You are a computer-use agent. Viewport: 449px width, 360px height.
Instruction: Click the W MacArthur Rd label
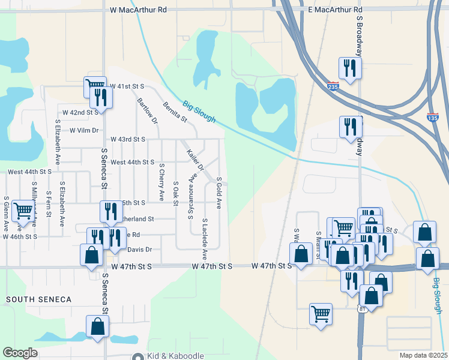tap(139, 10)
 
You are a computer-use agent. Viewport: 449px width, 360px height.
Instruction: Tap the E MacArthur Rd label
tap(336, 10)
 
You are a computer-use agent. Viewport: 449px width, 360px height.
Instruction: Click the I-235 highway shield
tap(334, 86)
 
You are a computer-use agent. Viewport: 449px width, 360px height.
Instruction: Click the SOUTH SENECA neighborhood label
tap(38, 299)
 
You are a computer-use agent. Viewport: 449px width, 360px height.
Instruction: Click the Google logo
tap(20, 353)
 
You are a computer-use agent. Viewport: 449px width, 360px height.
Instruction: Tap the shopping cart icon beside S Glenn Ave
tap(23, 211)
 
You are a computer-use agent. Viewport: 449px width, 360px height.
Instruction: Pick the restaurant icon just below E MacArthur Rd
tap(349, 67)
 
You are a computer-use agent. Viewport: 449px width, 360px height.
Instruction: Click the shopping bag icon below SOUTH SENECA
tap(97, 326)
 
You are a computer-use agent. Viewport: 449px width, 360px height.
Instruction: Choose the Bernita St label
tap(175, 112)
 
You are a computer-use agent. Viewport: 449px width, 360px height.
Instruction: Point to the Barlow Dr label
tap(147, 111)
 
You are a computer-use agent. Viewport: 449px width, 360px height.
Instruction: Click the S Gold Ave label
tap(219, 193)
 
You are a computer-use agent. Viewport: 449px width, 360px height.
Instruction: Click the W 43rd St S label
tap(127, 139)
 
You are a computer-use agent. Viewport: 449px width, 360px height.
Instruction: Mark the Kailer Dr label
tap(196, 160)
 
